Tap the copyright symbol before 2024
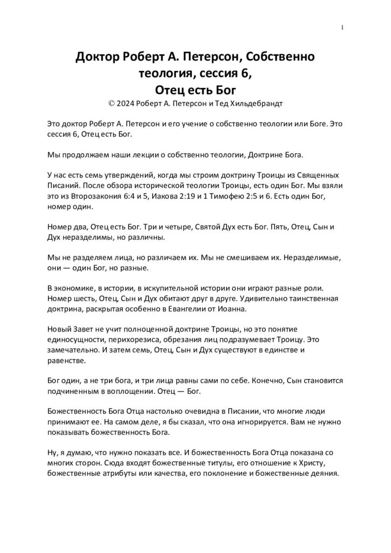coord(112,102)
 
